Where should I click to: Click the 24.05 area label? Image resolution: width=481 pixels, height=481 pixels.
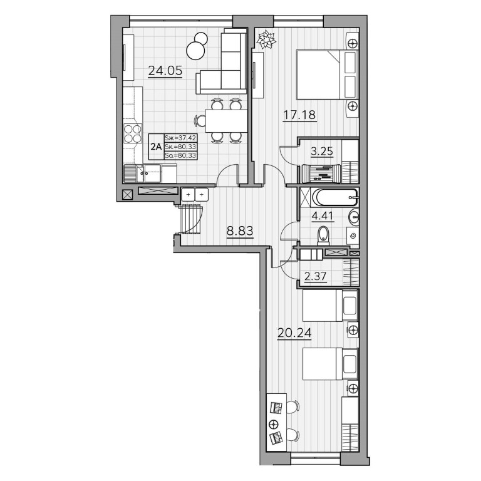165,71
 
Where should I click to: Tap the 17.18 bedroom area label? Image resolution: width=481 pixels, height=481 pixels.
299,115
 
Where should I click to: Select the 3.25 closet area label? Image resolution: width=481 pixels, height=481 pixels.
322,151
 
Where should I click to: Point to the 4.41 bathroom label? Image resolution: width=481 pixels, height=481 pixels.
322,216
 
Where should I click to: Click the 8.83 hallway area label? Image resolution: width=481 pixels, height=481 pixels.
240,231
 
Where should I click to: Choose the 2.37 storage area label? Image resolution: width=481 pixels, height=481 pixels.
316,276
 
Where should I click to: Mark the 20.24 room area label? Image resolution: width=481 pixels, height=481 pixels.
294,333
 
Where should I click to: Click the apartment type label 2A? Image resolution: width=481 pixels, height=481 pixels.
156,147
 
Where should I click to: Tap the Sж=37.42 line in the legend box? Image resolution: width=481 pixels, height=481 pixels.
180,138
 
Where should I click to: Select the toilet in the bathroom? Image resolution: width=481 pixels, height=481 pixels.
323,235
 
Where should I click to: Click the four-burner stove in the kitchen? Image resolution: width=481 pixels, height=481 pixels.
133,134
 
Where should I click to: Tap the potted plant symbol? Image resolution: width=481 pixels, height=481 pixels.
266,39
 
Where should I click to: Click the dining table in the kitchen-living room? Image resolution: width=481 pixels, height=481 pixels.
226,120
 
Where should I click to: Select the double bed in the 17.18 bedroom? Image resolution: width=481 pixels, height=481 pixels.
328,75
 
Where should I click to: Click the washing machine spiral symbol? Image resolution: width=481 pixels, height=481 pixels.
353,236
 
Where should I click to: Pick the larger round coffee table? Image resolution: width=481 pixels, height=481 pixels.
195,51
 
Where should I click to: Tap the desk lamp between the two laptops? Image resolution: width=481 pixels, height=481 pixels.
273,425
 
